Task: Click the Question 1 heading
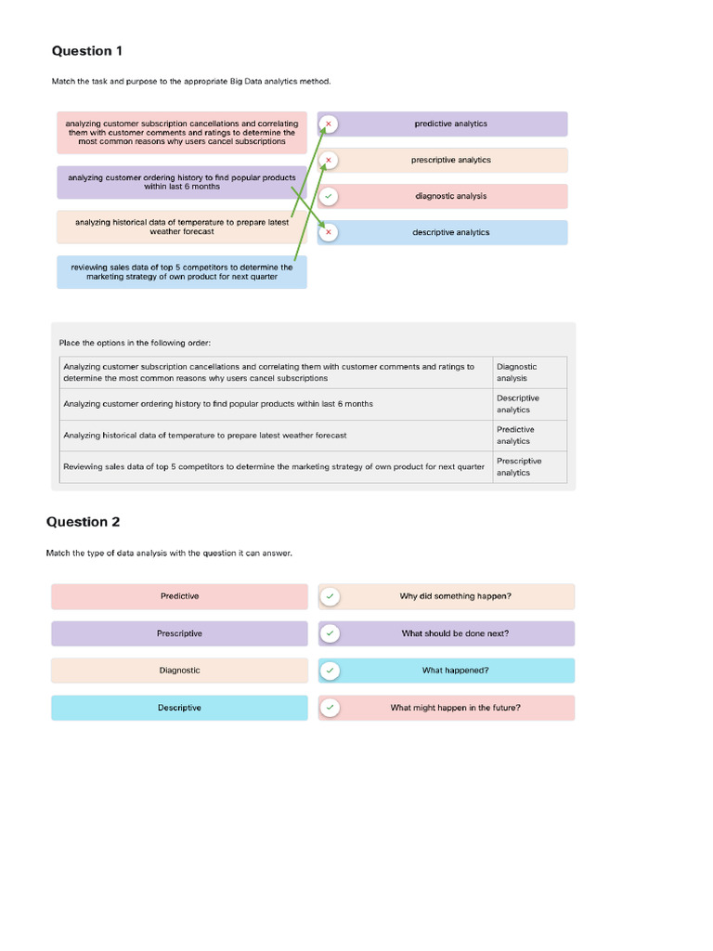point(86,51)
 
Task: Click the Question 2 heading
point(83,522)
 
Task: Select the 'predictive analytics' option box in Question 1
point(451,124)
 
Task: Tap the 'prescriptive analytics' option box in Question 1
point(451,160)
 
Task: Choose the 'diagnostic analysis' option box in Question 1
point(451,196)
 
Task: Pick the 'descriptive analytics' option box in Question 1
point(451,232)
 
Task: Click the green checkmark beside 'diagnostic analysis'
point(329,196)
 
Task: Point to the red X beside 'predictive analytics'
point(329,124)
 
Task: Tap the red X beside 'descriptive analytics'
point(329,232)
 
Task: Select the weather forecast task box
point(181,227)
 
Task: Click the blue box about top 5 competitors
point(181,272)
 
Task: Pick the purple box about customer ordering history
point(181,182)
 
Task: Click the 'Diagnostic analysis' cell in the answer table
point(529,372)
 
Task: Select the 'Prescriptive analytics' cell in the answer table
point(529,467)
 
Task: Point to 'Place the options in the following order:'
point(136,343)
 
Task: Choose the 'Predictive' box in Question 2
point(179,596)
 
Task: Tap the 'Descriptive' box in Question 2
point(179,708)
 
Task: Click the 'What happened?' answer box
point(455,671)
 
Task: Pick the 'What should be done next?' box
point(455,633)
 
